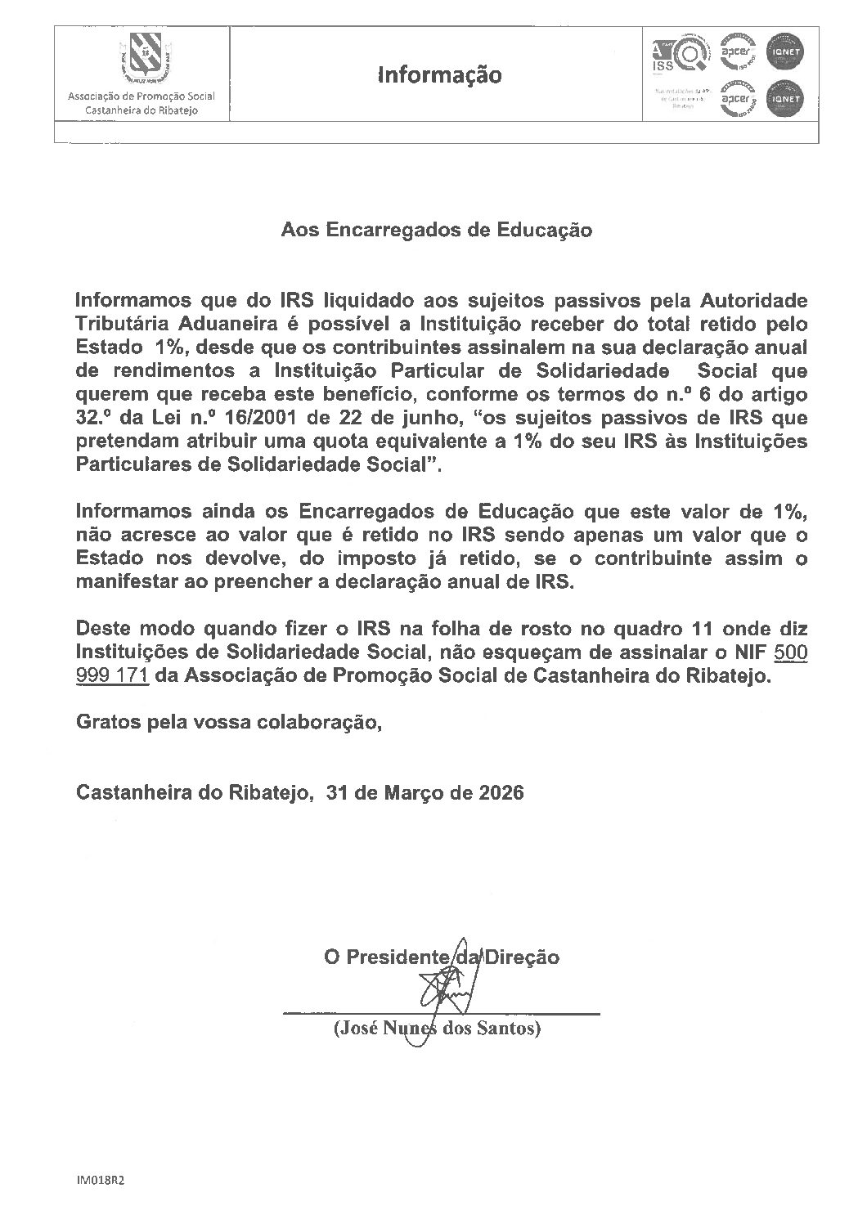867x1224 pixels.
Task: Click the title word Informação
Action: click(439, 75)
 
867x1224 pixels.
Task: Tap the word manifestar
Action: click(120, 584)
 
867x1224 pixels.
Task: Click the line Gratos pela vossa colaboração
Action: click(229, 723)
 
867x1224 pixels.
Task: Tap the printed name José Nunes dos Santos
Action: click(438, 1029)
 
